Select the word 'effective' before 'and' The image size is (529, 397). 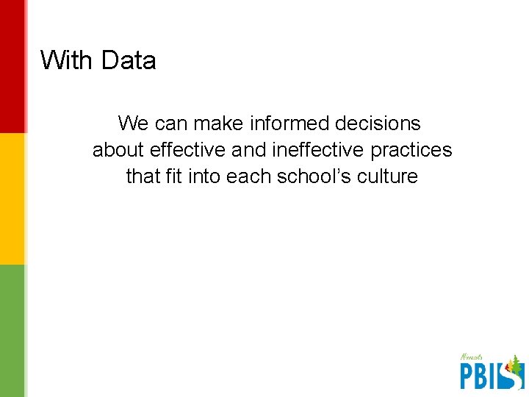click(x=188, y=150)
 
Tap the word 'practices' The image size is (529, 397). click(x=411, y=150)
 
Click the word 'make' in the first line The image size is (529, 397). click(x=217, y=123)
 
